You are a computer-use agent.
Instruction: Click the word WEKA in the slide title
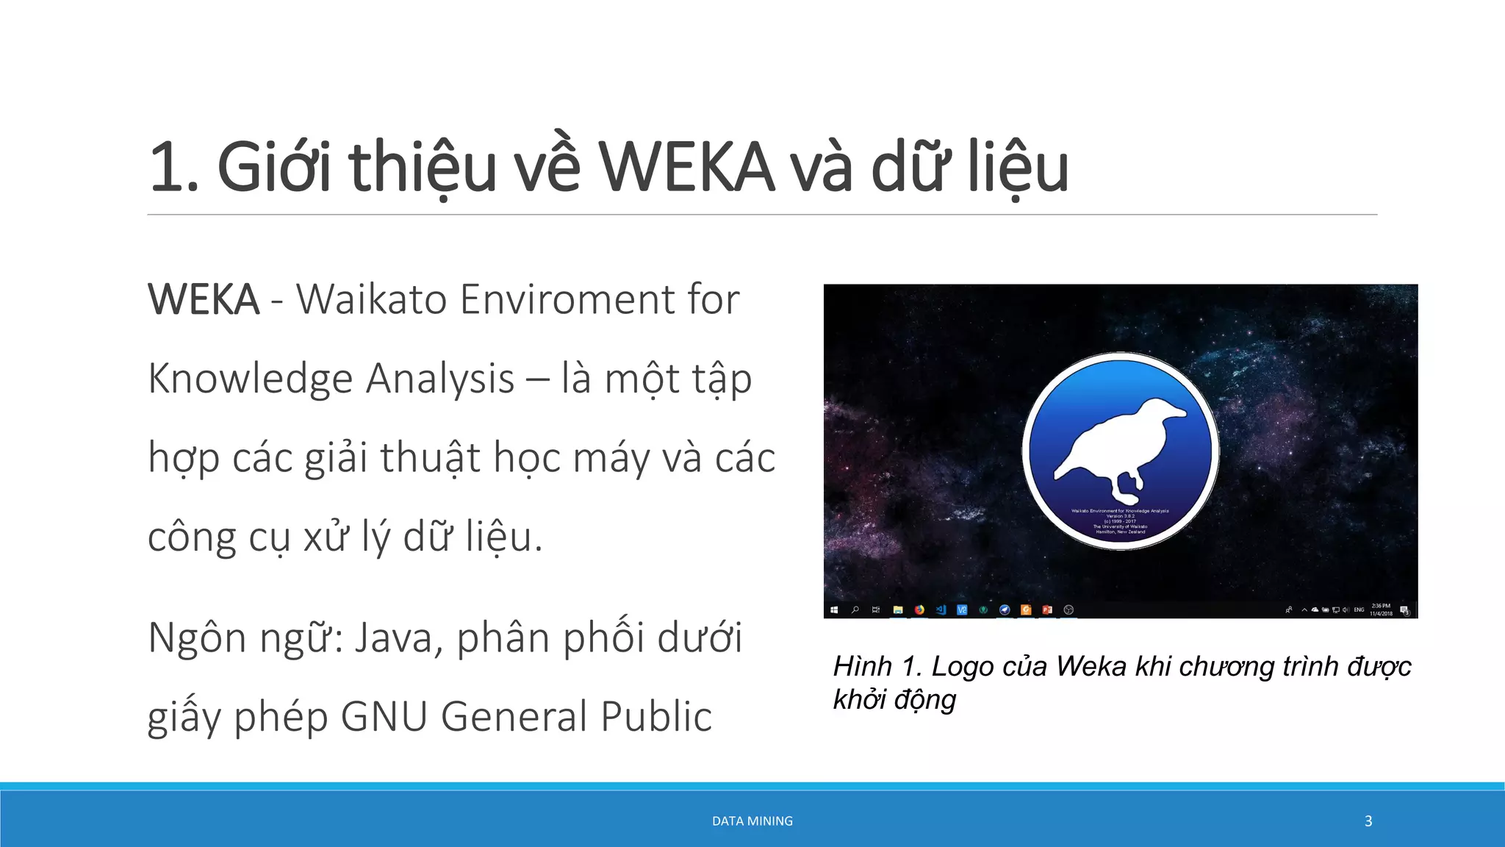[686, 168]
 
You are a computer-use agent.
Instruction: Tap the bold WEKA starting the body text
[204, 300]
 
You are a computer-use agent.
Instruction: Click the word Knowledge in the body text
[251, 379]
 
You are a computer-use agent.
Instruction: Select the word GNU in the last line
[384, 717]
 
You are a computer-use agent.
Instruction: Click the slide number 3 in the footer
[1368, 821]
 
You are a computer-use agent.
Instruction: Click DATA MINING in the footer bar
[752, 821]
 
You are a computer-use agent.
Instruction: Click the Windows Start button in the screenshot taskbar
[834, 610]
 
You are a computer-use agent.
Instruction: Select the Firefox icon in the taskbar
[919, 610]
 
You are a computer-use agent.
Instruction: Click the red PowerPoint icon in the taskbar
[1047, 610]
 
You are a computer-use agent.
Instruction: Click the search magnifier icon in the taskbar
[855, 610]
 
